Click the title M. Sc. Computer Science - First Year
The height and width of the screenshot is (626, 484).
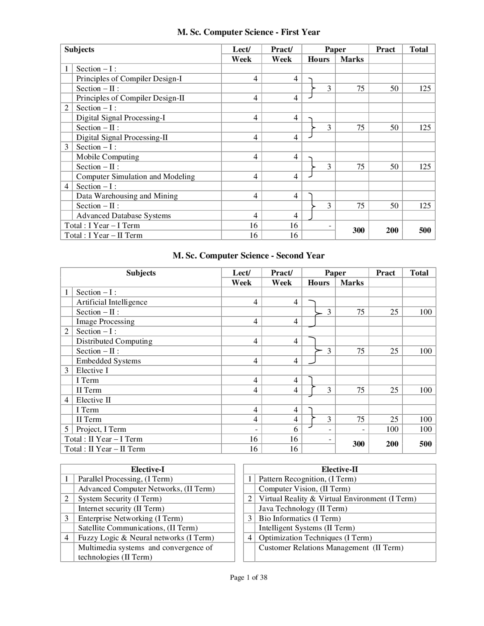pos(248,33)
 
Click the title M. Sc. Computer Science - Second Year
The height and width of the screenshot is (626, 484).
pos(248,256)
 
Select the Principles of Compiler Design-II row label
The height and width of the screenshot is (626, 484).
pos(130,98)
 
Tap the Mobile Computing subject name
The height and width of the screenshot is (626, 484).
pos(107,157)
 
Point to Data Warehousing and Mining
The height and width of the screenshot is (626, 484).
pos(127,196)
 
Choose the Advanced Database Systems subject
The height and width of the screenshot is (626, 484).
pos(123,216)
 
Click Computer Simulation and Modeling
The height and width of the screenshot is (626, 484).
pos(135,177)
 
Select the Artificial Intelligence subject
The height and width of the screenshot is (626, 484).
pos(112,302)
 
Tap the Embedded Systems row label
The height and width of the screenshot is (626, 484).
pos(108,361)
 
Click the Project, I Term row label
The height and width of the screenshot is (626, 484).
pos(101,429)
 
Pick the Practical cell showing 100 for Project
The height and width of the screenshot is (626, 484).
pos(392,429)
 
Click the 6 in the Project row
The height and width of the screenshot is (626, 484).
pos(296,429)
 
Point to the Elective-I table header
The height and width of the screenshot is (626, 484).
pos(147,469)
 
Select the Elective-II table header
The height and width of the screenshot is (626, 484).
pos(340,469)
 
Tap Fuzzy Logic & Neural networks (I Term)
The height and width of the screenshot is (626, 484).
pos(146,538)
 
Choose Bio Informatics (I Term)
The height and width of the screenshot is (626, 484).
pos(299,518)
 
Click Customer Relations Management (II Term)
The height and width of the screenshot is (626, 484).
pos(331,548)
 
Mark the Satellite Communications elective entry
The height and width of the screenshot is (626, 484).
pos(138,528)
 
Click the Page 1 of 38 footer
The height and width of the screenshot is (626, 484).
pos(248,577)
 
